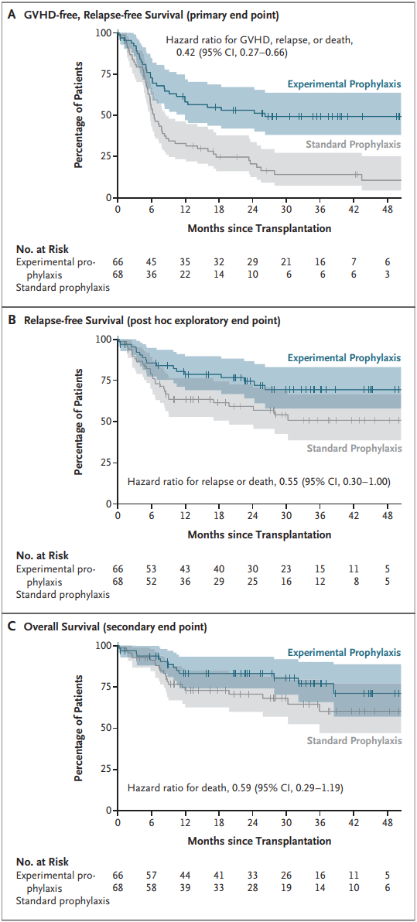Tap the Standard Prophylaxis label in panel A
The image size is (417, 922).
(x=354, y=143)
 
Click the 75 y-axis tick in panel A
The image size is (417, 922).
(x=107, y=74)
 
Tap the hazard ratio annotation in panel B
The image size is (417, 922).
(x=259, y=482)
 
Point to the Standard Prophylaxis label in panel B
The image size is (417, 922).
(x=354, y=448)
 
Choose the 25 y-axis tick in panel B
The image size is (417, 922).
(x=107, y=463)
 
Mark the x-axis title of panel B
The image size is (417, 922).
(x=259, y=534)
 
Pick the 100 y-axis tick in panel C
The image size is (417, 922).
(x=104, y=645)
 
